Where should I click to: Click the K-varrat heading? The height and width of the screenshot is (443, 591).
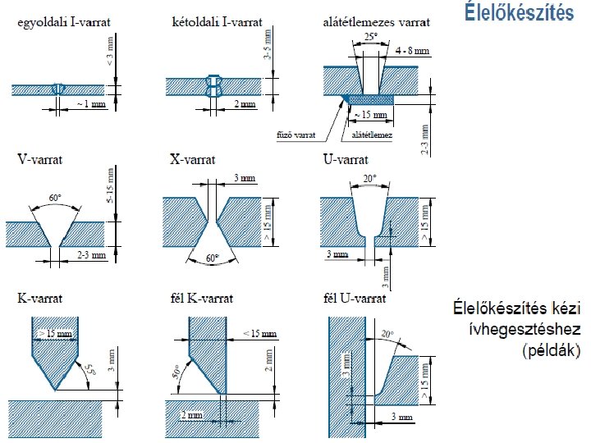pos(40,299)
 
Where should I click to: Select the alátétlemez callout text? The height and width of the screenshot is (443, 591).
pos(372,135)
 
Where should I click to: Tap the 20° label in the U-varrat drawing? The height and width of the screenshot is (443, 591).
pos(370,178)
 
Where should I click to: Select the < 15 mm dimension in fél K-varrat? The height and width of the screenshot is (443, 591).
pos(260,333)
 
